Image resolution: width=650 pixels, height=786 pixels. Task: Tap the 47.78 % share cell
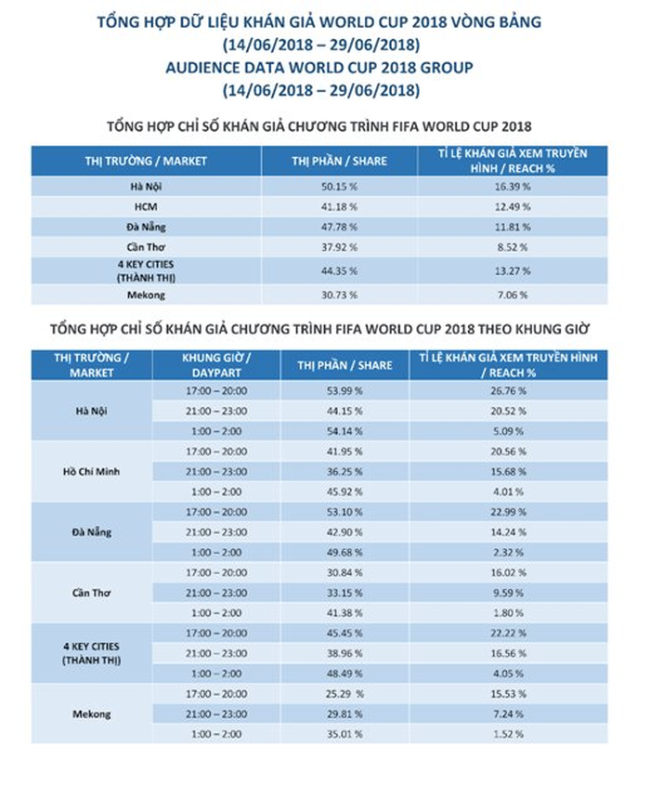[338, 226]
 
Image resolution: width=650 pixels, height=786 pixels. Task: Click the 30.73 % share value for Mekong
[338, 295]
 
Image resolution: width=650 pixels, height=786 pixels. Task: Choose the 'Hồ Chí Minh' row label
[91, 471]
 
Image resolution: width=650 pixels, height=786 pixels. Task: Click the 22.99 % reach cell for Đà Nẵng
[509, 512]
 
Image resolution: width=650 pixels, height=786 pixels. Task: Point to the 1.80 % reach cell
[509, 612]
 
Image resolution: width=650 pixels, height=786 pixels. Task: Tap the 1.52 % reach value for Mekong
[509, 734]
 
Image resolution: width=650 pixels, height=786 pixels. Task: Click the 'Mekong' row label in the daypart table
[91, 714]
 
